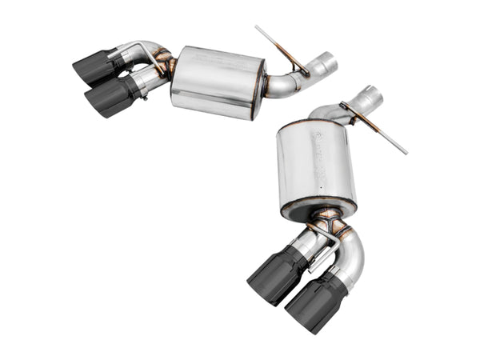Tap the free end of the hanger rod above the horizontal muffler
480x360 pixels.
[258, 30]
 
